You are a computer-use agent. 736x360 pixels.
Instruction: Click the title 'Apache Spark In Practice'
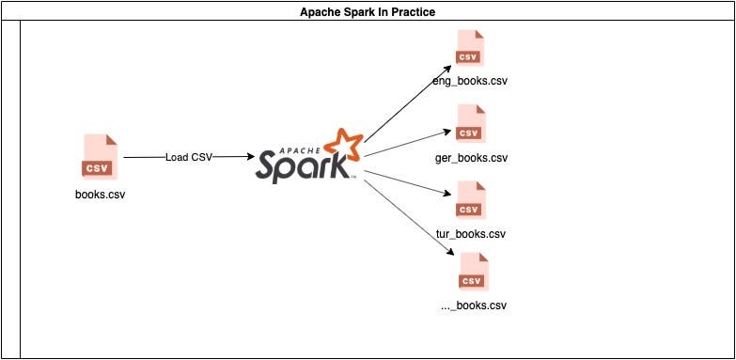point(368,11)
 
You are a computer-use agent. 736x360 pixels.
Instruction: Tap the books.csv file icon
point(100,156)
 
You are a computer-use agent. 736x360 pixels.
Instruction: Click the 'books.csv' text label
point(100,196)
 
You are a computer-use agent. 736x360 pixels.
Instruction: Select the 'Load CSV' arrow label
point(188,157)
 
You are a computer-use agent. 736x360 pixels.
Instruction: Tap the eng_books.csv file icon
point(469,47)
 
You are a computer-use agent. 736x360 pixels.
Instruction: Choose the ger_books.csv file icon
point(470,122)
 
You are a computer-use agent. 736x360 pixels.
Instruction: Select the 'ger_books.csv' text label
point(472,157)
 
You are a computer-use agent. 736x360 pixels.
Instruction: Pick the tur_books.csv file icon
point(470,198)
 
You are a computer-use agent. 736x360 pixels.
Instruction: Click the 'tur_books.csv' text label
point(471,233)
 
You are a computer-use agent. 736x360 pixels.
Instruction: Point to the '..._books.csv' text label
point(472,305)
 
